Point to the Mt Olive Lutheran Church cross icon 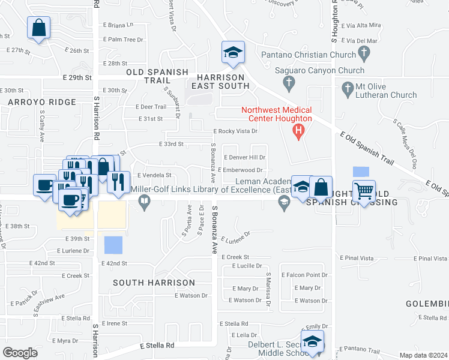tap(347, 89)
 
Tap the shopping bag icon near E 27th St tap(38, 28)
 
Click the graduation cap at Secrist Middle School tap(312, 341)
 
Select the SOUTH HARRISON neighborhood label tap(155, 282)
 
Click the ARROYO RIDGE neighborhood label tap(42, 103)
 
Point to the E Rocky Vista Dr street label tap(235, 131)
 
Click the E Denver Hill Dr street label tap(244, 157)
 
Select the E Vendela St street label tap(154, 175)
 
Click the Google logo tap(20, 352)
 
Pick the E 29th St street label tap(77, 77)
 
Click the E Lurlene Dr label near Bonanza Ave tap(235, 238)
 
